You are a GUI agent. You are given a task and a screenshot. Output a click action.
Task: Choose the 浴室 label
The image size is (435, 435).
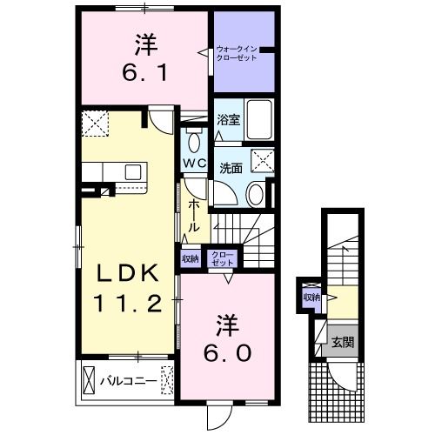tap(228, 120)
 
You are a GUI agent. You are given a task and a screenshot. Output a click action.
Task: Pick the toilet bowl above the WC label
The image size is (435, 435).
tap(194, 142)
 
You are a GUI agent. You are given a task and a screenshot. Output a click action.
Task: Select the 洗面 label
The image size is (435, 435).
tap(230, 168)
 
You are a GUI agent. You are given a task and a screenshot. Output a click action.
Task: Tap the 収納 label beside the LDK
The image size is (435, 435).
tap(191, 258)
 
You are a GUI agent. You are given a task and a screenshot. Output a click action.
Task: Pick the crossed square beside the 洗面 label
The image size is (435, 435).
tap(261, 159)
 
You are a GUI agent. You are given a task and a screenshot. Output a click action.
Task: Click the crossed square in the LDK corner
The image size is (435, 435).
tap(94, 124)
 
